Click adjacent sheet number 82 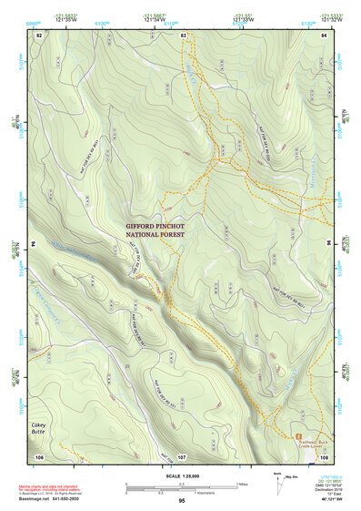[39, 35]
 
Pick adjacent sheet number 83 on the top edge [183, 35]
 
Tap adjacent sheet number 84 [324, 35]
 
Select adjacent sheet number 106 [39, 455]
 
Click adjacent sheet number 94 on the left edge [35, 244]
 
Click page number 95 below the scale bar [182, 501]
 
